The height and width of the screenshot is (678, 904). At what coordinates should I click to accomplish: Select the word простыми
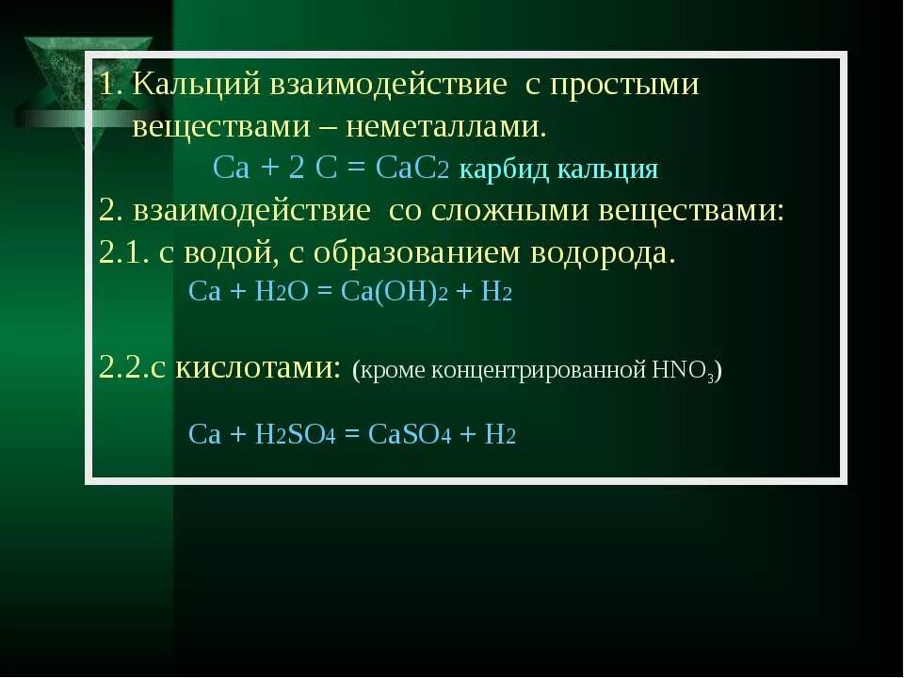pos(625,85)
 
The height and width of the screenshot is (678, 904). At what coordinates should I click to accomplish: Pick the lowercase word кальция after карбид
pos(607,169)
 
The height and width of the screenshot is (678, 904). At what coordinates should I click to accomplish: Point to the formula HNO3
pos(682,369)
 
